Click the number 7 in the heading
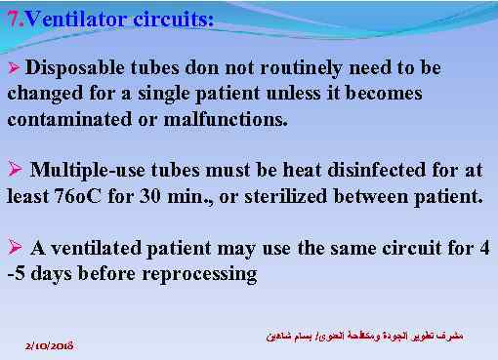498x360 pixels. coord(11,17)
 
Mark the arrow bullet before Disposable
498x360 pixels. coord(13,70)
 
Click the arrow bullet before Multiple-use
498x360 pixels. coord(14,170)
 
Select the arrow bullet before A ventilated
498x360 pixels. coord(14,248)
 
